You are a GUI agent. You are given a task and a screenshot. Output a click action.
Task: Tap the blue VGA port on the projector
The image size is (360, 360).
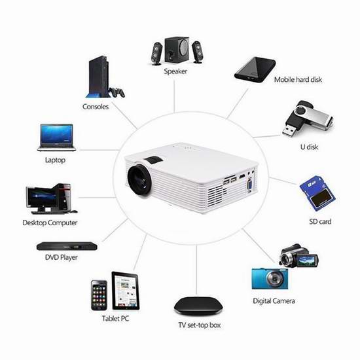pyautogui.click(x=249, y=185)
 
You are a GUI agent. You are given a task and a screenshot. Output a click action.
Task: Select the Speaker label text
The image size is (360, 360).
pyautogui.click(x=175, y=71)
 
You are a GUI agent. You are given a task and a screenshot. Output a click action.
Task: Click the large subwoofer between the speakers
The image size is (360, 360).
pyautogui.click(x=177, y=50)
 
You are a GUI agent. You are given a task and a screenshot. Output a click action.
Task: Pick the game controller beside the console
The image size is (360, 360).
pyautogui.click(x=117, y=92)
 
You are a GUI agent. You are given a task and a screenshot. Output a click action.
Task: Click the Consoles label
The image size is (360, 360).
pyautogui.click(x=96, y=107)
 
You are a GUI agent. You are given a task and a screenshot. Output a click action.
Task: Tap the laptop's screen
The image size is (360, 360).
pyautogui.click(x=56, y=134)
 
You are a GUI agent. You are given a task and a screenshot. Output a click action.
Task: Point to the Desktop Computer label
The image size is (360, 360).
pyautogui.click(x=50, y=223)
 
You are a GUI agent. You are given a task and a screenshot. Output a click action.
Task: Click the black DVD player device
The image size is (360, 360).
pyautogui.click(x=67, y=246)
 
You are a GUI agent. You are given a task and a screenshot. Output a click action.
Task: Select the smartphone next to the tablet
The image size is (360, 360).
pyautogui.click(x=99, y=295)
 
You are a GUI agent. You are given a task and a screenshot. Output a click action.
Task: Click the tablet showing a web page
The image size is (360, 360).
pyautogui.click(x=126, y=291)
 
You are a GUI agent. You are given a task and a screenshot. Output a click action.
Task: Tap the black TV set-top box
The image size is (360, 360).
pyautogui.click(x=198, y=306)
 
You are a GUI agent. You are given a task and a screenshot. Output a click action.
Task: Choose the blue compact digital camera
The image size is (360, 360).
pyautogui.click(x=270, y=278)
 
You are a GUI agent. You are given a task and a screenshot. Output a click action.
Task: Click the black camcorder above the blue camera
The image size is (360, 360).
pyautogui.click(x=298, y=256)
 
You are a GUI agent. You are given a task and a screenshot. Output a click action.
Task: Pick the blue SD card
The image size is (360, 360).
pyautogui.click(x=317, y=193)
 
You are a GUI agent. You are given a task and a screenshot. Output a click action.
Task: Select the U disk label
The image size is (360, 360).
pyautogui.click(x=309, y=147)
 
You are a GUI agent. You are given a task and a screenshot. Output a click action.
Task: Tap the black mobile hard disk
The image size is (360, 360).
pyautogui.click(x=255, y=70)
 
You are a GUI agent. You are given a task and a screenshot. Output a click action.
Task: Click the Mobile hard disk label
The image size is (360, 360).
pyautogui.click(x=298, y=80)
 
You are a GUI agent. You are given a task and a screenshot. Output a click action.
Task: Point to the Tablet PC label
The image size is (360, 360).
pyautogui.click(x=115, y=319)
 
